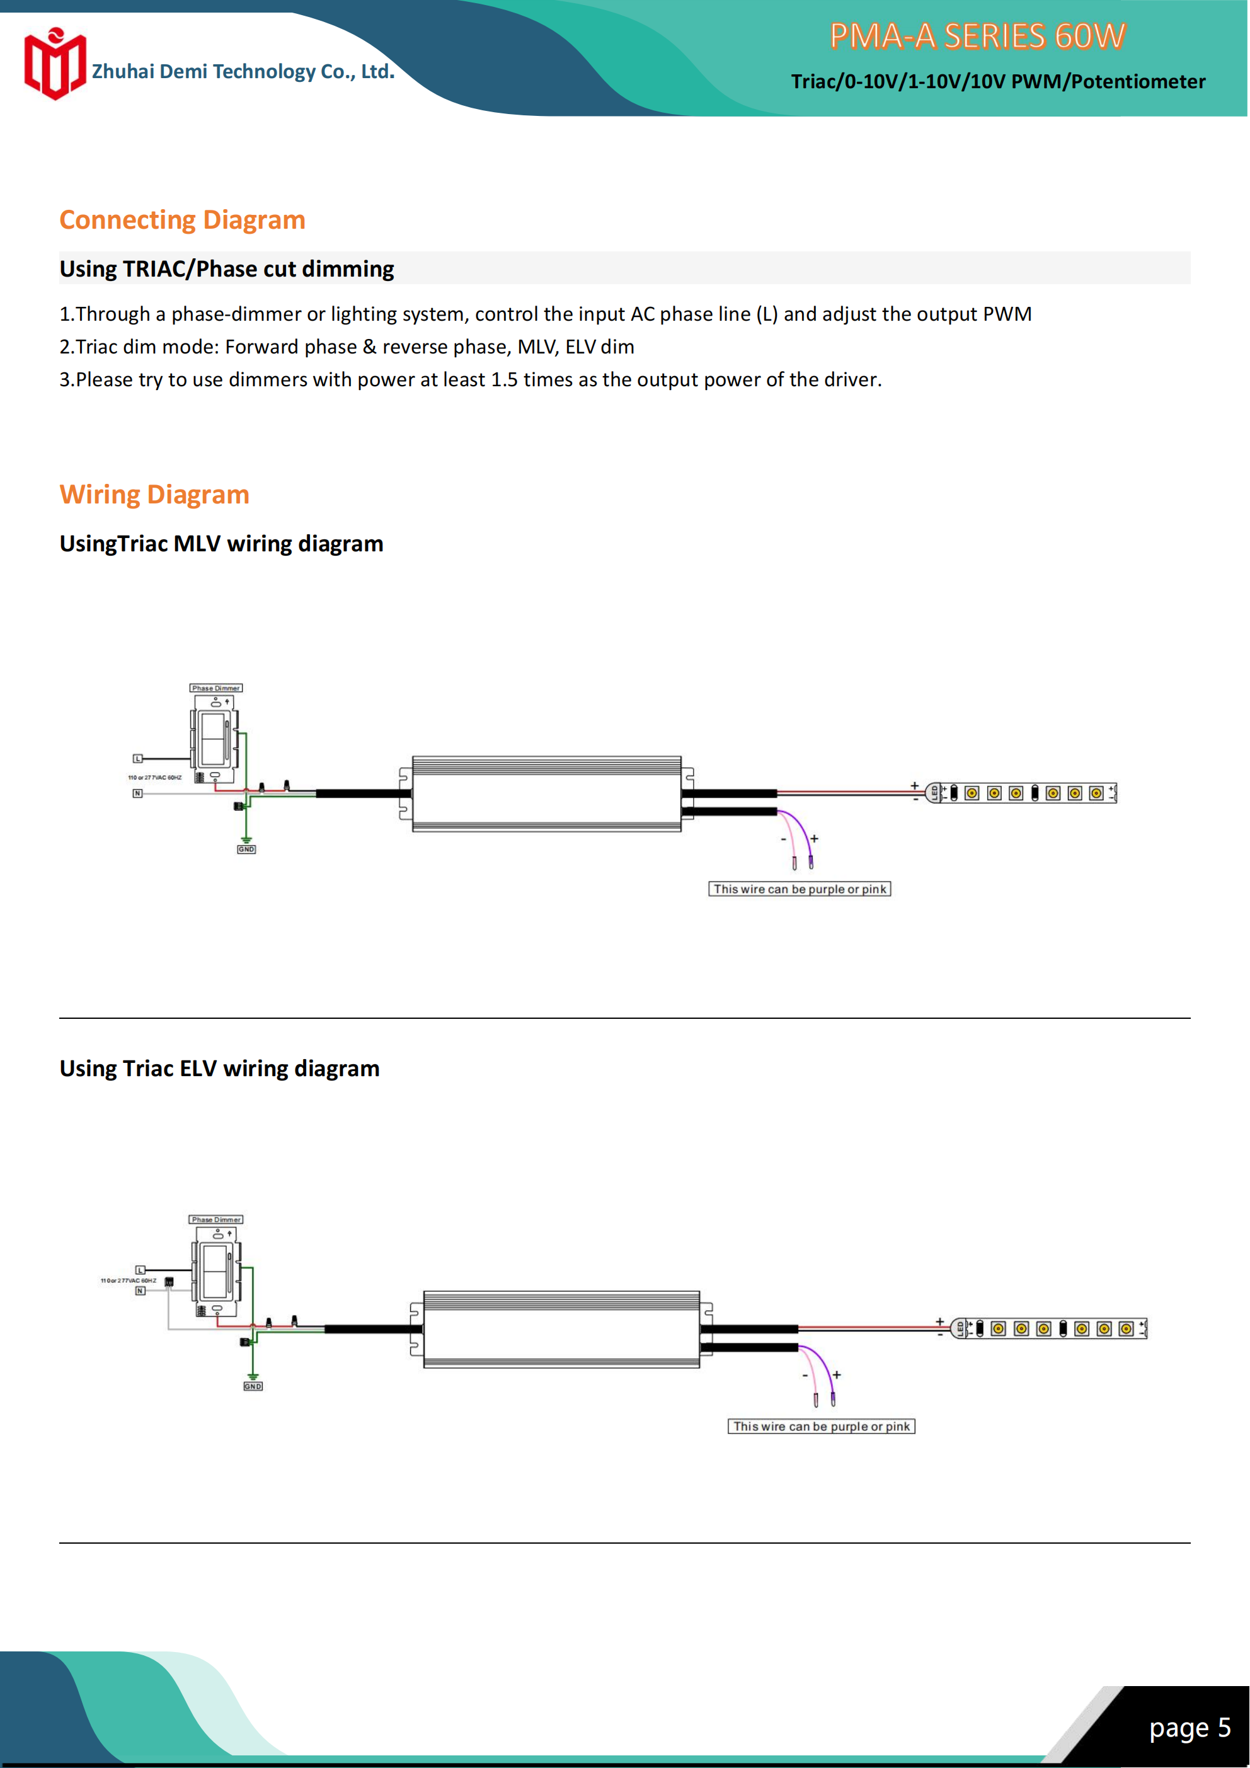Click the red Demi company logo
(54, 64)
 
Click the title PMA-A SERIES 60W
(977, 36)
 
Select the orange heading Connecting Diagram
(183, 221)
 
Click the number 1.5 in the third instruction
(505, 380)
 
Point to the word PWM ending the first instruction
(1007, 314)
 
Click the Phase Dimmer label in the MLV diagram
(215, 687)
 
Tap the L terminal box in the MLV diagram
(138, 759)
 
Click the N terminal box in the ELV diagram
(140, 1290)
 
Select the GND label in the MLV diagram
(246, 849)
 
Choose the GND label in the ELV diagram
(253, 1386)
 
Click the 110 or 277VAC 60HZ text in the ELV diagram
(128, 1280)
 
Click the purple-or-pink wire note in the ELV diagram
(821, 1426)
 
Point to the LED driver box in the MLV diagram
(547, 794)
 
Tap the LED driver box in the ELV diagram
(561, 1329)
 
